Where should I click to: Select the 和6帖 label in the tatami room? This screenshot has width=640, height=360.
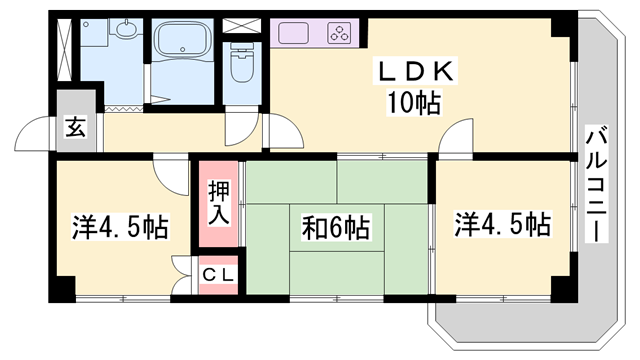point(335,229)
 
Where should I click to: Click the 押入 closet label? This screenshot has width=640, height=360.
point(218,203)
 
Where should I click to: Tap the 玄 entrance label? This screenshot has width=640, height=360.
point(76,126)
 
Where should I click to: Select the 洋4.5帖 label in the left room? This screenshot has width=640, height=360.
point(118,228)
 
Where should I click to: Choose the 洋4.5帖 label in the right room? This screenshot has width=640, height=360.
point(503,224)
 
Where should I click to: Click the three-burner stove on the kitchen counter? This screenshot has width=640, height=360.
point(338,32)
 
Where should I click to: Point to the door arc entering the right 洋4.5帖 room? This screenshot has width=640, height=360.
point(455,137)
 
